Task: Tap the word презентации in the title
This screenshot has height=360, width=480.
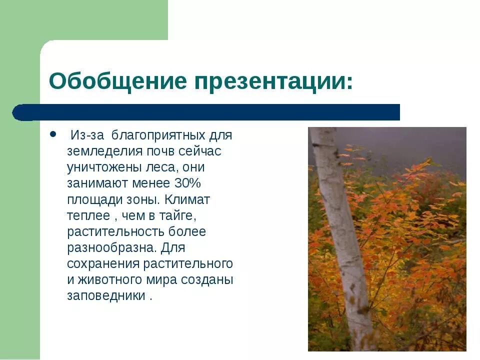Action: coord(270,81)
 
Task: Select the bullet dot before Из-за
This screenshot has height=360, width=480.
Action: coord(53,135)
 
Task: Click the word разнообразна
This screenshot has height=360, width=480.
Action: coord(112,247)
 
